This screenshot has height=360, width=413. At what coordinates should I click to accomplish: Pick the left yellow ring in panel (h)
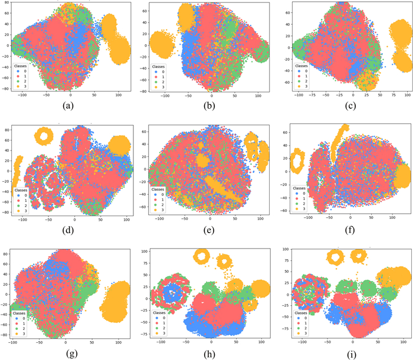(202, 256)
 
